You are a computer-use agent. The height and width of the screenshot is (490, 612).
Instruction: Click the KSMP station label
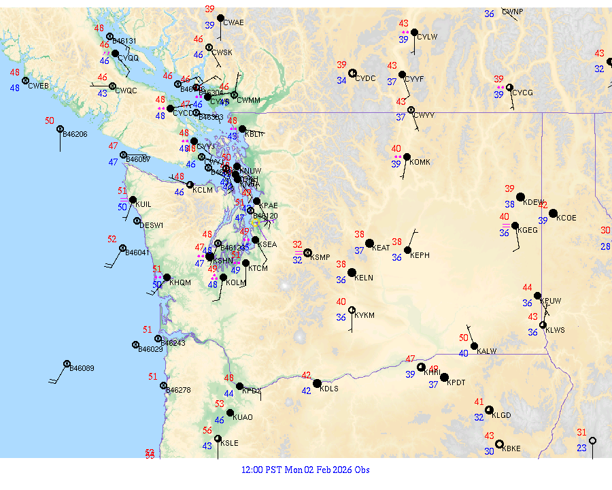coord(320,257)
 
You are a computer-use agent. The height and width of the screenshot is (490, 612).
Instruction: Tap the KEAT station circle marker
coord(370,243)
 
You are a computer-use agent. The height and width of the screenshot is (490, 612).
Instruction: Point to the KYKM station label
coord(364,315)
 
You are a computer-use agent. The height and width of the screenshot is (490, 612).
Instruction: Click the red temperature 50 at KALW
coord(464,338)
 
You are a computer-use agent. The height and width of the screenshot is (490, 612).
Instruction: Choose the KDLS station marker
coord(317,383)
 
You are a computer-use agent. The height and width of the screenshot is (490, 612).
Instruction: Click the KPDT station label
coord(456,382)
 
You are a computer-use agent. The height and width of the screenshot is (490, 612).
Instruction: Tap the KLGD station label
coord(501,414)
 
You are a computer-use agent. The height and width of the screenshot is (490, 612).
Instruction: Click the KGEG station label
coord(527,230)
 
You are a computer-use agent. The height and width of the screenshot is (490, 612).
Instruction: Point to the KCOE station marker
coord(554,213)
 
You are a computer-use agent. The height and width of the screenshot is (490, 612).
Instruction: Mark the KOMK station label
coord(420,161)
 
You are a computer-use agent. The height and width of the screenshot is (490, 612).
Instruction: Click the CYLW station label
coord(427,37)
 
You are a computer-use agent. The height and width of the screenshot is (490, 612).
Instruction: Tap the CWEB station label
coord(39,86)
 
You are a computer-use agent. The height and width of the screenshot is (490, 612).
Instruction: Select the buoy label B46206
coord(75,134)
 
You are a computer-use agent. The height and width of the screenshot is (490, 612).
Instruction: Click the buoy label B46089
coord(82,368)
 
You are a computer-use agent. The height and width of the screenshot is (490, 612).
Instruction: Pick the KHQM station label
coord(180,282)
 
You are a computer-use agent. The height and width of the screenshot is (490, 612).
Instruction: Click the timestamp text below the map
coord(305,470)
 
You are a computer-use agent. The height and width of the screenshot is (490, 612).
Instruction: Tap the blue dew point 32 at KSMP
coord(297,260)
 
